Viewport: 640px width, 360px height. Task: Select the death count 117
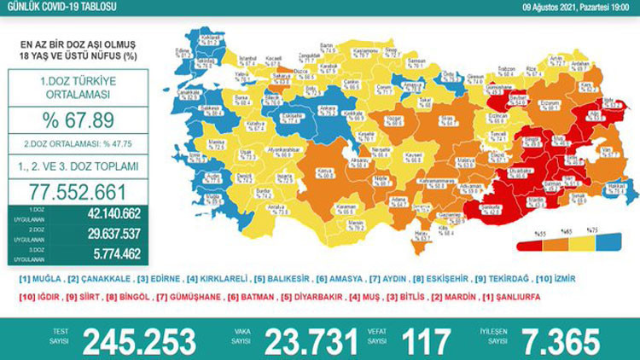click(x=424, y=341)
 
